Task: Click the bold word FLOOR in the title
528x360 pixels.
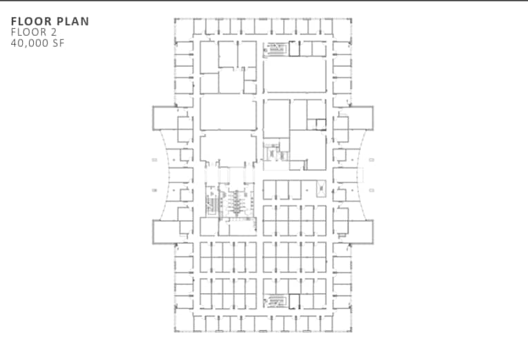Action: pos(31,21)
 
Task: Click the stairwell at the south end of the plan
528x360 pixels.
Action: pos(275,301)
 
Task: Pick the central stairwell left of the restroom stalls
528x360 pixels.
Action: pos(212,203)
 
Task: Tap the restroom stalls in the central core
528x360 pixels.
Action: pos(237,201)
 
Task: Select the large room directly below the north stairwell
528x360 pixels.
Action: pos(295,75)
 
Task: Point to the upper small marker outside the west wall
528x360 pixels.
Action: pos(155,160)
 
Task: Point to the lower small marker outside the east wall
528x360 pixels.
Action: pos(371,190)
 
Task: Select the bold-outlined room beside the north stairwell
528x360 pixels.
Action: pos(295,48)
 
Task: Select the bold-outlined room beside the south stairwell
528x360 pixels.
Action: pos(295,301)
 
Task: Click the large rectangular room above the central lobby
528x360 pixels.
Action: pos(228,113)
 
